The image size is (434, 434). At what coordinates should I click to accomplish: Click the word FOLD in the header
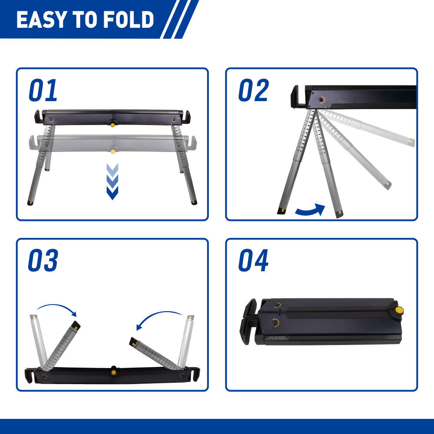(133, 20)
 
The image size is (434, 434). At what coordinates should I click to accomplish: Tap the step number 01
(43, 91)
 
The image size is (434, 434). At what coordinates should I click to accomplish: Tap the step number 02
(253, 91)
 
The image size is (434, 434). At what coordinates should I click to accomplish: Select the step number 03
(43, 261)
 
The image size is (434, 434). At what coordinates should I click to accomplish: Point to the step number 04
(253, 261)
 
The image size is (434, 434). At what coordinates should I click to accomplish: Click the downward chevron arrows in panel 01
(112, 181)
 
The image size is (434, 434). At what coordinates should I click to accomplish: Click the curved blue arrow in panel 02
(310, 210)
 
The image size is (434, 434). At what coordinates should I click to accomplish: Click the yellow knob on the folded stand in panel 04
(398, 311)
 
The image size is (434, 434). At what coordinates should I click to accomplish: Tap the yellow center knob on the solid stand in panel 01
(113, 125)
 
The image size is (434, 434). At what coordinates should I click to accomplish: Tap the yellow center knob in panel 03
(114, 372)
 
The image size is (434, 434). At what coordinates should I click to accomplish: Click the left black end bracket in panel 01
(37, 117)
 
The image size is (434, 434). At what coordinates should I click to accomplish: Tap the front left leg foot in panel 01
(30, 203)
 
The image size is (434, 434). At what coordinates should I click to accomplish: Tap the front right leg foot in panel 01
(194, 203)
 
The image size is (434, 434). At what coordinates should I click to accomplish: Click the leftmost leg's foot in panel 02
(281, 211)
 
